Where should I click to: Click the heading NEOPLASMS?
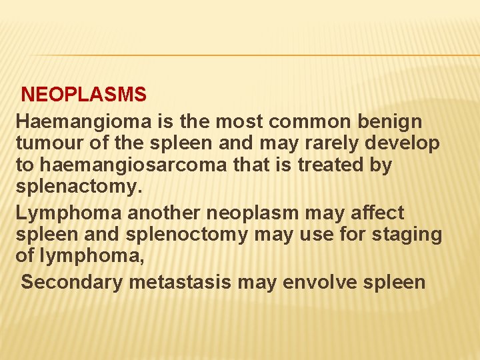tap(84, 95)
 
